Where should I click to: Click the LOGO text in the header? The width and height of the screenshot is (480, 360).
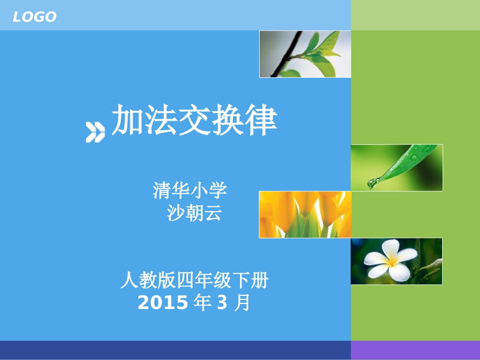click(x=34, y=17)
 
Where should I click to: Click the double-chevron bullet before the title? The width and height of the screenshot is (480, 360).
click(x=95, y=132)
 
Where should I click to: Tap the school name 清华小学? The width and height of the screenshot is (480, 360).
click(x=190, y=190)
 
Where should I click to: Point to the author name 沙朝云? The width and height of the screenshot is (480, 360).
click(x=195, y=214)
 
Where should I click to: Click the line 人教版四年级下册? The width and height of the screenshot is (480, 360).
click(x=194, y=280)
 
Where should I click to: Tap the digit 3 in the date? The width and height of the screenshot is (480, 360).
click(x=222, y=303)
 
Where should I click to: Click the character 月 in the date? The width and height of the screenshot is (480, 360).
click(x=243, y=303)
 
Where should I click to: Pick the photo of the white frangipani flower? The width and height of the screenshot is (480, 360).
click(x=397, y=261)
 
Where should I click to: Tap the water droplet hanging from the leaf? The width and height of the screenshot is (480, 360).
click(x=372, y=183)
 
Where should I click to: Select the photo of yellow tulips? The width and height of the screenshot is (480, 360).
click(x=305, y=215)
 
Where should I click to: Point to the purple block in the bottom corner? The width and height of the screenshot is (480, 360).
click(x=415, y=350)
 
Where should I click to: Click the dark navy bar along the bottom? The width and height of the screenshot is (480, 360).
click(x=175, y=350)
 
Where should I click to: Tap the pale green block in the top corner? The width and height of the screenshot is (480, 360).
click(x=415, y=15)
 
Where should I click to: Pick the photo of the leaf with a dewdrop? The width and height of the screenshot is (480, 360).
click(x=397, y=168)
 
